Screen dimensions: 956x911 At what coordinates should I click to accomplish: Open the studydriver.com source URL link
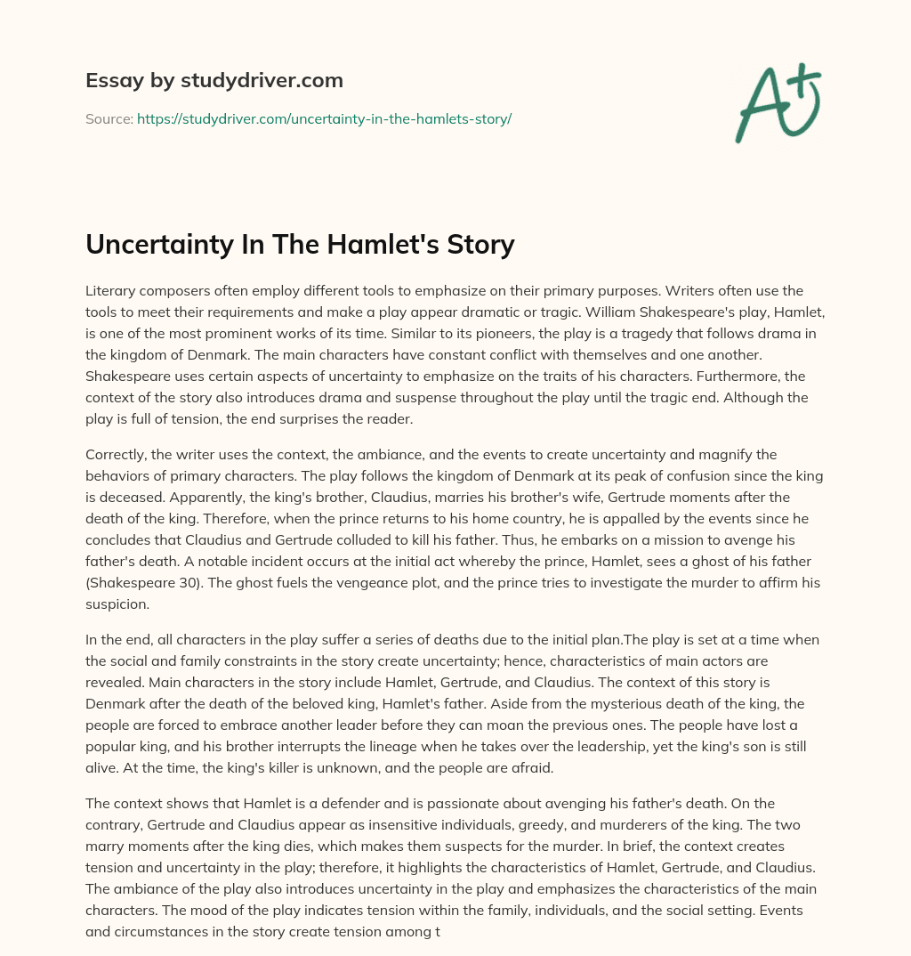324,118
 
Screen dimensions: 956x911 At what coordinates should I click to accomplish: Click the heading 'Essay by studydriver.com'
214,80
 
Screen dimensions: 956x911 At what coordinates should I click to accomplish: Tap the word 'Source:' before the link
109,118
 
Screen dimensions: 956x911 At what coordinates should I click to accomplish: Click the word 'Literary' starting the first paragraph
109,292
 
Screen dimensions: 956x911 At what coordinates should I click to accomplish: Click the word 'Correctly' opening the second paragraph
117,455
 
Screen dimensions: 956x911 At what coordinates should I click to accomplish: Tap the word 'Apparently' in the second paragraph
122,497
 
